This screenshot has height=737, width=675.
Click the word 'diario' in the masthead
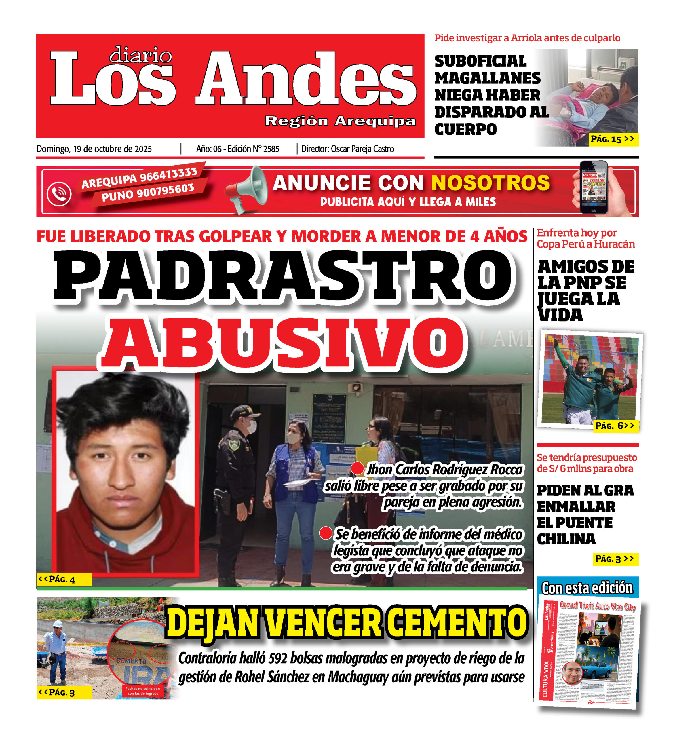click(141, 55)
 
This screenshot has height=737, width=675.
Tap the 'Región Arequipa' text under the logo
click(340, 121)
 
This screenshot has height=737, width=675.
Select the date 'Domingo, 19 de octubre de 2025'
click(94, 149)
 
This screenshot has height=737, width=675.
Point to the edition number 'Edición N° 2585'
click(253, 149)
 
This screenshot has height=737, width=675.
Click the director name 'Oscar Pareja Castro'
click(362, 149)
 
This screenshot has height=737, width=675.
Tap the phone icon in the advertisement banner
click(59, 193)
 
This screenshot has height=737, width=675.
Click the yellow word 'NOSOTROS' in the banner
click(490, 183)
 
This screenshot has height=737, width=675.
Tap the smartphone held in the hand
click(594, 187)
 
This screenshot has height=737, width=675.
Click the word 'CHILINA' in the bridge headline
click(566, 539)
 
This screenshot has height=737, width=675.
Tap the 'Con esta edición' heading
click(587, 588)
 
